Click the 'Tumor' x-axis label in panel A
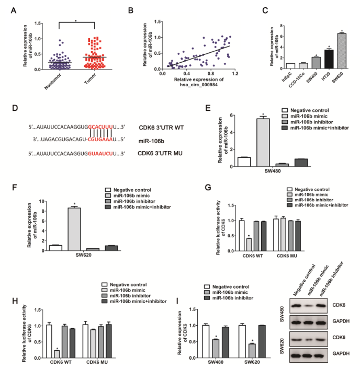click(93, 80)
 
